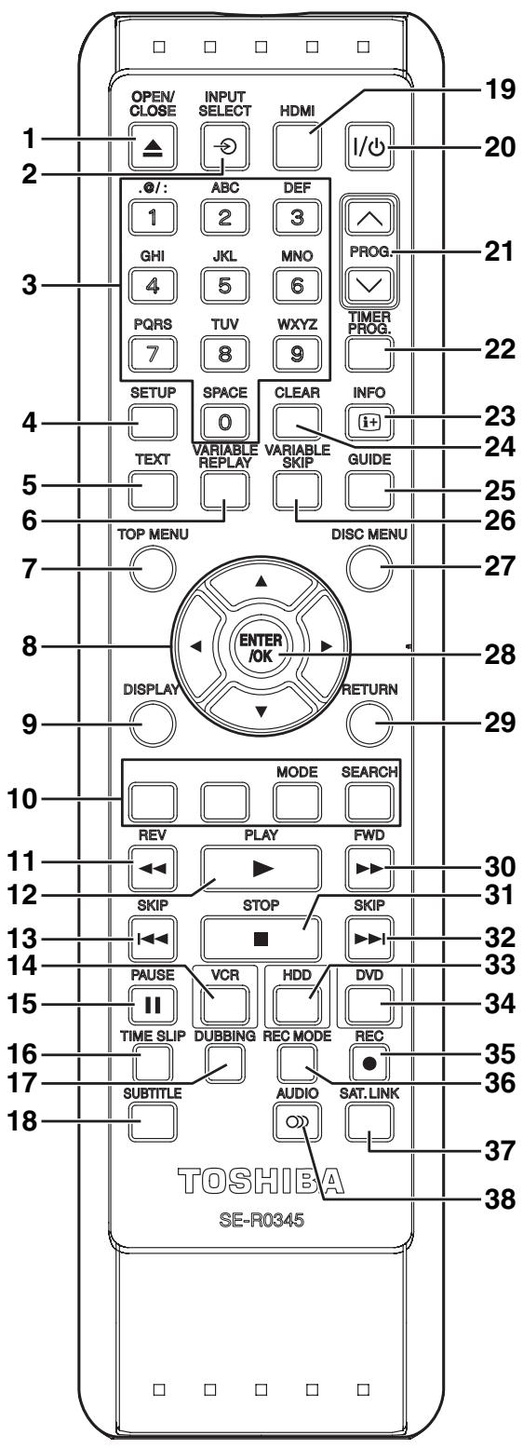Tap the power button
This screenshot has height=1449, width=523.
point(369,147)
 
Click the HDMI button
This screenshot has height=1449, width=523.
point(297,147)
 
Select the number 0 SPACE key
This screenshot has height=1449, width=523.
point(224,422)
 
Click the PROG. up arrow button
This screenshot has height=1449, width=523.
point(369,219)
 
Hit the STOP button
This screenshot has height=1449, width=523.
point(261,939)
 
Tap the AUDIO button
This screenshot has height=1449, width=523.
point(297,1122)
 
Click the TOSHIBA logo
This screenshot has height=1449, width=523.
point(261,1181)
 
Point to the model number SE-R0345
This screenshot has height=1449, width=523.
point(261,1220)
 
